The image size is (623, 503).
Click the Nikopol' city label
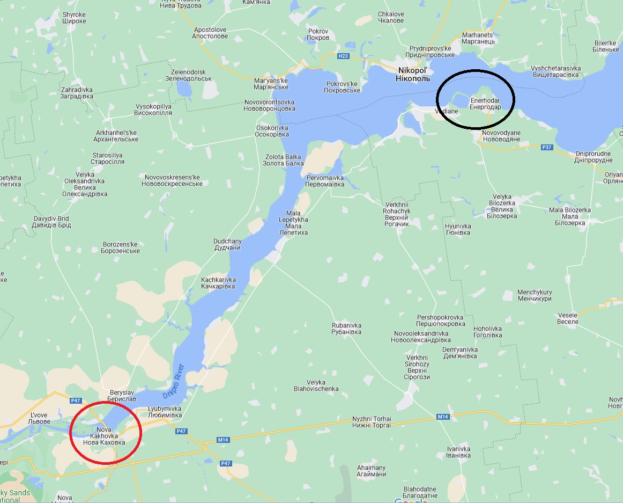(413, 75)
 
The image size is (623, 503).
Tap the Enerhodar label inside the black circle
(485, 104)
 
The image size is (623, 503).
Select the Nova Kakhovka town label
(104, 436)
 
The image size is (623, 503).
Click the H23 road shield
(343, 56)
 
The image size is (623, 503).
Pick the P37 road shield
(546, 147)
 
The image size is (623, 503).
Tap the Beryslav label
(122, 396)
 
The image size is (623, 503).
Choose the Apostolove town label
(210, 33)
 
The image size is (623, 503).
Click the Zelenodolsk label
(188, 75)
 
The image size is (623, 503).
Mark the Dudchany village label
(227, 245)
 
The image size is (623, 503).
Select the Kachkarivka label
(218, 283)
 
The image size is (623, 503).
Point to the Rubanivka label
(346, 329)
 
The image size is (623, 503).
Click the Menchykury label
(534, 295)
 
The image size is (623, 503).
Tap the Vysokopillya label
(153, 110)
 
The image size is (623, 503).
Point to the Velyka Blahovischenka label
(316, 385)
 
